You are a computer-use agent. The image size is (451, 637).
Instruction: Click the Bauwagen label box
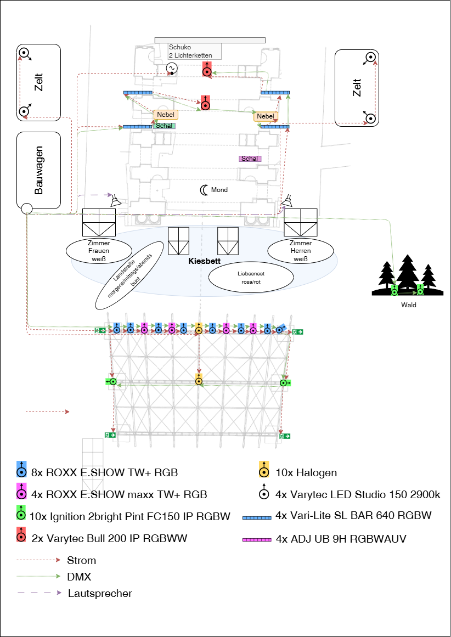tap(38, 170)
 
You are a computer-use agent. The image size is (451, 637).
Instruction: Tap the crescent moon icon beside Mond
tap(204, 189)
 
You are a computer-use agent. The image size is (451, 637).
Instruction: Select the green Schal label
tap(164, 126)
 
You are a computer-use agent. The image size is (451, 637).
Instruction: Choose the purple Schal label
tap(250, 159)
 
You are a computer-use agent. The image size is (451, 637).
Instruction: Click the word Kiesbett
tap(204, 261)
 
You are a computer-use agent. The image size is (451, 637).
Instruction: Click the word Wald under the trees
tap(409, 305)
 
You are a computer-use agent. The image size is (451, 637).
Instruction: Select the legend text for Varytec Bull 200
tap(109, 538)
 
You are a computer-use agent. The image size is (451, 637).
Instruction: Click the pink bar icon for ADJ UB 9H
tap(256, 539)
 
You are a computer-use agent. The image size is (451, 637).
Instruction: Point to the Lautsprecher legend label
tap(100, 593)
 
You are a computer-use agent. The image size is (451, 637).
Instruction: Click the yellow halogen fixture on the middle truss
tap(199, 381)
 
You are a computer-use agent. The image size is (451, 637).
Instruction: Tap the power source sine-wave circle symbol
tap(172, 68)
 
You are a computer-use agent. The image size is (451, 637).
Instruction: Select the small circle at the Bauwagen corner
tap(26, 208)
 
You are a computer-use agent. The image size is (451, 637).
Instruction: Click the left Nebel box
tap(166, 115)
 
